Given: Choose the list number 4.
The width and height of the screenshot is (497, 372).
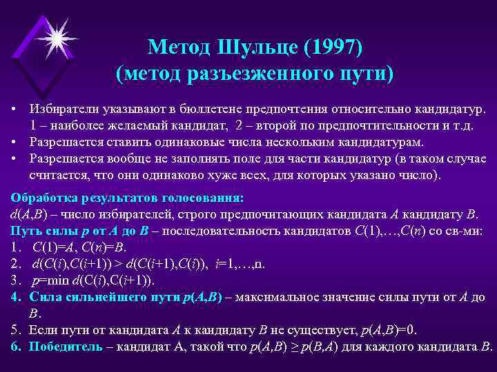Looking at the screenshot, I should pos(15,296).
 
